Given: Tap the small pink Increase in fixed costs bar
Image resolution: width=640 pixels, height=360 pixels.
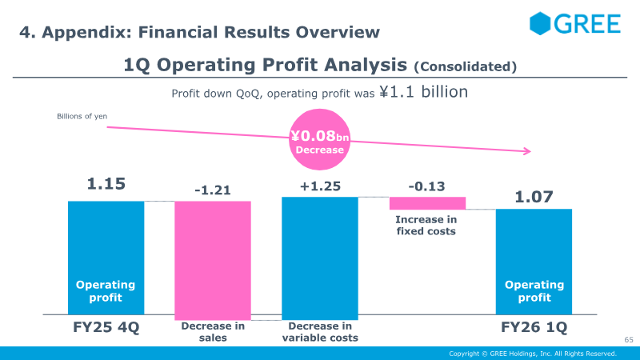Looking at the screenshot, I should click(427, 203).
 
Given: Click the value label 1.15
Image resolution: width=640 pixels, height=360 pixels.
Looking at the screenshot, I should click(106, 184).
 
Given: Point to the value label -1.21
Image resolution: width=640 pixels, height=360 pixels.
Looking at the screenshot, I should click(213, 190).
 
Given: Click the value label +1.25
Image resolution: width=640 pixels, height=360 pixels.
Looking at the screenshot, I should click(320, 186).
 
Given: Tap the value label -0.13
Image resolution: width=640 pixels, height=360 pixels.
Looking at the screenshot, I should click(427, 186).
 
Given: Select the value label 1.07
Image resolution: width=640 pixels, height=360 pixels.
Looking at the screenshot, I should click(534, 196).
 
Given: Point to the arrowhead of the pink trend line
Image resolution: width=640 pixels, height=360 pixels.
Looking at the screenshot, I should click(527, 151).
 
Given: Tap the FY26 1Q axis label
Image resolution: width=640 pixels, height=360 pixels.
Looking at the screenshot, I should click(534, 328).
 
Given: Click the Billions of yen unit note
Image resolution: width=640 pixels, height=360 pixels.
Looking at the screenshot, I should click(82, 117).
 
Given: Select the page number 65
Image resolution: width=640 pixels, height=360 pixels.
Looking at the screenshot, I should click(628, 341).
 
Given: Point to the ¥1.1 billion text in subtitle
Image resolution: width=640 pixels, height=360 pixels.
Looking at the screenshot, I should click(423, 92).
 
